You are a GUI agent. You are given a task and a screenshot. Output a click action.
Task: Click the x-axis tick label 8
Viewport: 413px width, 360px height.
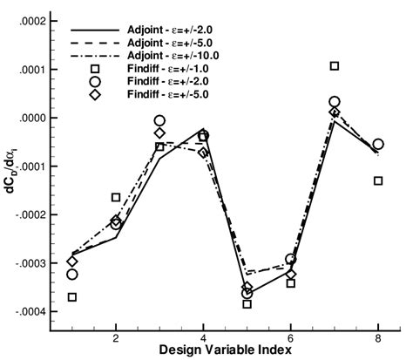tap(378, 336)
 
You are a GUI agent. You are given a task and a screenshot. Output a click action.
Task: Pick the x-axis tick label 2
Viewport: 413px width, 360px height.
tap(116, 336)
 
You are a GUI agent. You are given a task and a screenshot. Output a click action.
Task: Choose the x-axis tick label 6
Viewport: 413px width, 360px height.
tap(290, 336)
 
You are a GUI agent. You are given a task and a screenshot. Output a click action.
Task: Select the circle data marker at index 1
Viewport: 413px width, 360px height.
tap(72, 275)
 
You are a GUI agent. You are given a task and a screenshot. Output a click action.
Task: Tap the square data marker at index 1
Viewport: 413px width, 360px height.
tap(72, 297)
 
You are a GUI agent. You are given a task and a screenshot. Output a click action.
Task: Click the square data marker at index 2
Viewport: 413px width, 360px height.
tap(116, 198)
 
